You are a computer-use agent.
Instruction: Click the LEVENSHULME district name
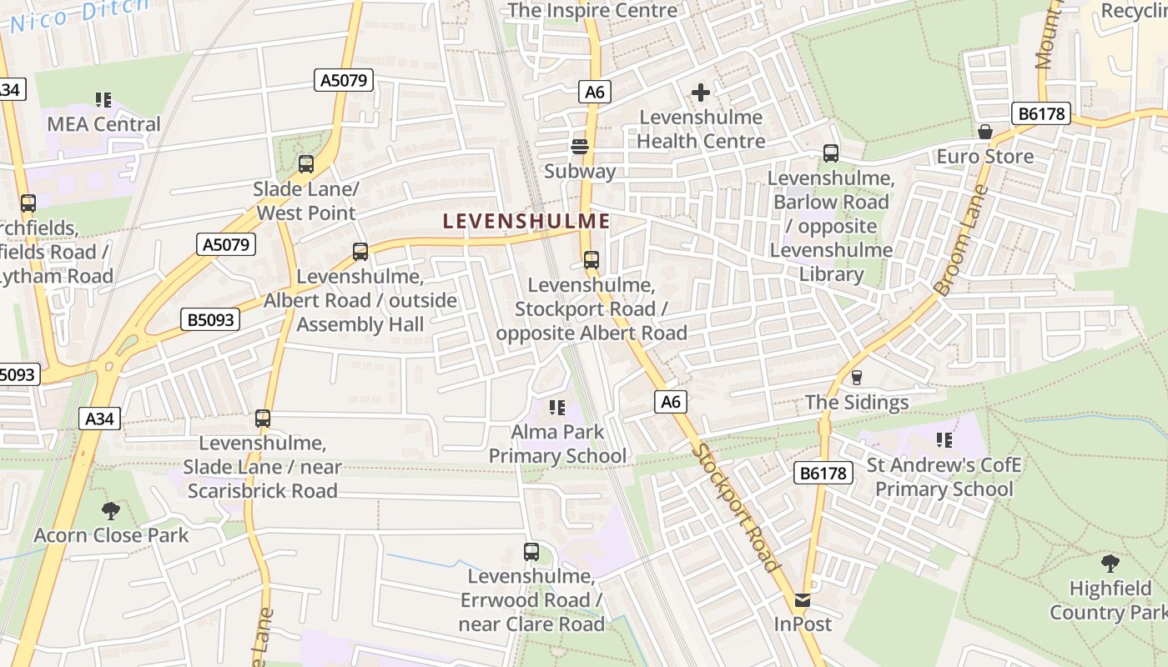[526, 222]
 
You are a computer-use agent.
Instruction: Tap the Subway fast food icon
[580, 147]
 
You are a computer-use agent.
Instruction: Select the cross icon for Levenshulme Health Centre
[701, 92]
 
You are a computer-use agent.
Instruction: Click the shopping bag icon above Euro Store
[985, 133]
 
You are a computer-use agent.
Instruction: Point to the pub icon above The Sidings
[856, 378]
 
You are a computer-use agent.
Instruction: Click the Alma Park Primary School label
[557, 444]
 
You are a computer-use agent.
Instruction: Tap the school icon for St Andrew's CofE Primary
[944, 439]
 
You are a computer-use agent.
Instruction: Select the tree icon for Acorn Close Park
[111, 510]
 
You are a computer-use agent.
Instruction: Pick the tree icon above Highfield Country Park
[1110, 563]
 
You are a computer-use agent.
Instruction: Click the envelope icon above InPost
[803, 599]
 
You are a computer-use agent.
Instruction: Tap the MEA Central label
[103, 124]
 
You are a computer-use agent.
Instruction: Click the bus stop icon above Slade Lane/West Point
[306, 164]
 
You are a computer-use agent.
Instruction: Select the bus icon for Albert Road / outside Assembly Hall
[360, 251]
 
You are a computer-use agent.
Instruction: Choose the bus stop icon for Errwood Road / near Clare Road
[531, 551]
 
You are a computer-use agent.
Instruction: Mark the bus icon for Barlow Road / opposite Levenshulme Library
[831, 153]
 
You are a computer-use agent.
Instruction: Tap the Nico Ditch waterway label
[79, 14]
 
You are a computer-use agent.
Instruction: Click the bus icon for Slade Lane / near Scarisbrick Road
[263, 418]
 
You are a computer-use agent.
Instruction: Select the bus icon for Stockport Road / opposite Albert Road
[592, 260]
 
